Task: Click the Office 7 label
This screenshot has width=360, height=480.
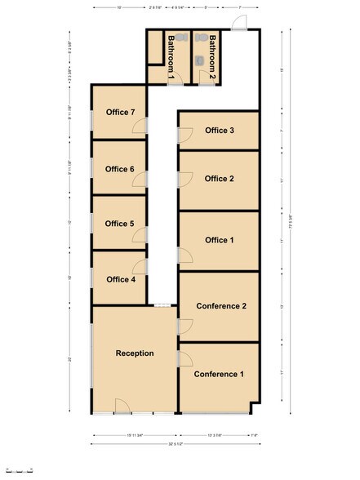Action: coord(120,112)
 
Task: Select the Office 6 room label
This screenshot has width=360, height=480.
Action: coord(120,169)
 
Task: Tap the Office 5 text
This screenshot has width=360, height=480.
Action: coord(120,224)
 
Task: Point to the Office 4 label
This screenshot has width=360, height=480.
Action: coord(120,279)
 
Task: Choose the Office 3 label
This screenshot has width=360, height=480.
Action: coord(220,131)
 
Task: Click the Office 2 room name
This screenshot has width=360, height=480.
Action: coord(220,179)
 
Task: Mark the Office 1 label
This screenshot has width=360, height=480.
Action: coord(220,240)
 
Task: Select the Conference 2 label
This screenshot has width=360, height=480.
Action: coord(221,306)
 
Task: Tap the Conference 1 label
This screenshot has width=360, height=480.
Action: coord(219,375)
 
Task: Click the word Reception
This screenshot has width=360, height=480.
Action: coord(135,353)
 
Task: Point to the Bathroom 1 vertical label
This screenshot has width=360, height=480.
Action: coord(171,56)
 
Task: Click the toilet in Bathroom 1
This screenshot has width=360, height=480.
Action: coord(180,38)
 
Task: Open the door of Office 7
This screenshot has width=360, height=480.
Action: coord(141,126)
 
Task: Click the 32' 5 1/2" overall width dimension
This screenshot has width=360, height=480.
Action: coord(176,444)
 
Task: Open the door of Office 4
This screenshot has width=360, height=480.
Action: coord(141,266)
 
